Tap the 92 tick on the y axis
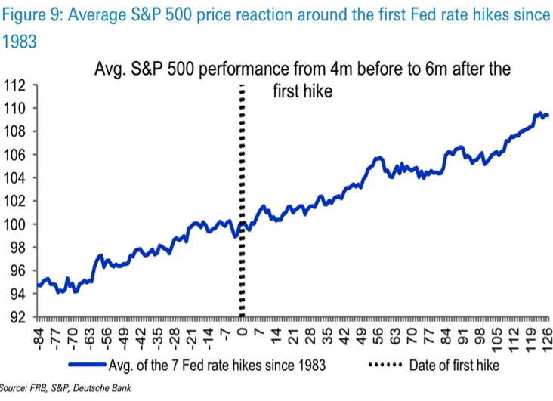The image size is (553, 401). pos(19,318)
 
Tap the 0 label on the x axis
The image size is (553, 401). pos(243,329)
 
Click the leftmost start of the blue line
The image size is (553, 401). pos(36,285)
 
